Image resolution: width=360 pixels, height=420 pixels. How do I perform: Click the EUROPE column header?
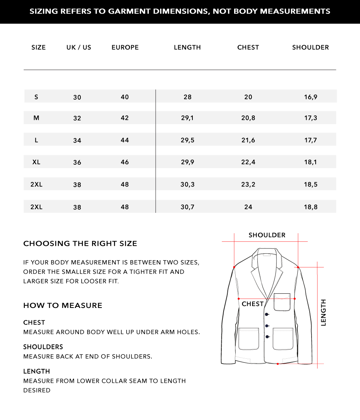(x=125, y=47)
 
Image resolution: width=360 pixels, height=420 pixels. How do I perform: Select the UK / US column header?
(x=79, y=47)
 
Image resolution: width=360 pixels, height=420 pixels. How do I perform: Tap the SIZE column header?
(x=39, y=47)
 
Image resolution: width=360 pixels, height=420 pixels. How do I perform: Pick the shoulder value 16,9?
(x=311, y=97)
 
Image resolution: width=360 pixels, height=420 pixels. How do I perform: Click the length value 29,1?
(x=188, y=118)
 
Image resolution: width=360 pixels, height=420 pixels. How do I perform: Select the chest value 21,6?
(x=248, y=140)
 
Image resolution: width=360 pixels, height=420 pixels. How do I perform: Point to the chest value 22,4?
(x=248, y=162)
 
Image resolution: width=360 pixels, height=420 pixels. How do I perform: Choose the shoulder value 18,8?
(x=311, y=207)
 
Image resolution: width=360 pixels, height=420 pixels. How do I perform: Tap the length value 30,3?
(x=188, y=185)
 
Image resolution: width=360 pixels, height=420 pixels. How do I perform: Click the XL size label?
(x=36, y=162)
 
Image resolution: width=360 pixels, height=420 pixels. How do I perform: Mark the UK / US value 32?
(x=77, y=118)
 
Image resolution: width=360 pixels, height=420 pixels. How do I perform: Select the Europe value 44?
(x=125, y=140)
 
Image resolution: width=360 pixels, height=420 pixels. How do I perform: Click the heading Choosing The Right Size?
(x=80, y=244)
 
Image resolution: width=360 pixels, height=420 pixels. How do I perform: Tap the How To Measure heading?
(x=63, y=306)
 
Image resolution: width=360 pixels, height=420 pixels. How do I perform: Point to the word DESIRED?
(x=37, y=390)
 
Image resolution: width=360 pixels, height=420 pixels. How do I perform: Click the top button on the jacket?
(x=267, y=314)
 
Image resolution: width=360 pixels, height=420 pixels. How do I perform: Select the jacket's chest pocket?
(x=282, y=302)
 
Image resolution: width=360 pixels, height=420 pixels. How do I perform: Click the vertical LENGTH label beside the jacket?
(x=324, y=312)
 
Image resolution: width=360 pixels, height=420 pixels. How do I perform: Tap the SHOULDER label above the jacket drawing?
(x=267, y=235)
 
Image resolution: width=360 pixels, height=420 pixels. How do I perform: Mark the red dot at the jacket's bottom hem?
(x=278, y=364)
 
